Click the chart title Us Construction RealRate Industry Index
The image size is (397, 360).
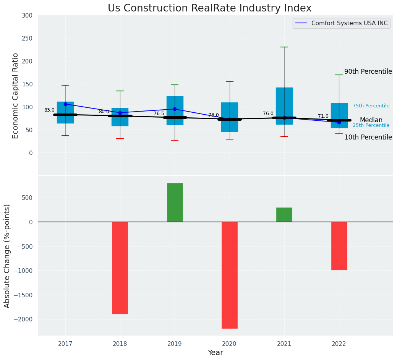point(209,8)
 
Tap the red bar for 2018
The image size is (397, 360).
point(120,268)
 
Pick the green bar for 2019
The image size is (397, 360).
point(175,203)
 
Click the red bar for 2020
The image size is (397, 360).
point(230,275)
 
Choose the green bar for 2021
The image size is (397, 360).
point(284,215)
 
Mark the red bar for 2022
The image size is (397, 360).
point(339,246)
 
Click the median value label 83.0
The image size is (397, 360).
point(49,110)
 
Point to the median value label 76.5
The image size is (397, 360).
point(159,114)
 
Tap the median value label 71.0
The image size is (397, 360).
point(323,116)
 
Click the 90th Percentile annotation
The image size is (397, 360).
point(368,71)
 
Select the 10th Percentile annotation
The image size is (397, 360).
point(368,137)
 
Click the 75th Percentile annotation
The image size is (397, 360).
point(371,106)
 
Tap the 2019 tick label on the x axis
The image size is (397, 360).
point(175,344)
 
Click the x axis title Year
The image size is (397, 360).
point(216,353)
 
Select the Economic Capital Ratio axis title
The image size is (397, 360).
point(16,96)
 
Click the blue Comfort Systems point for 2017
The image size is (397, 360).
point(65,104)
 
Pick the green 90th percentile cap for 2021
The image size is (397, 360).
point(284,47)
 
